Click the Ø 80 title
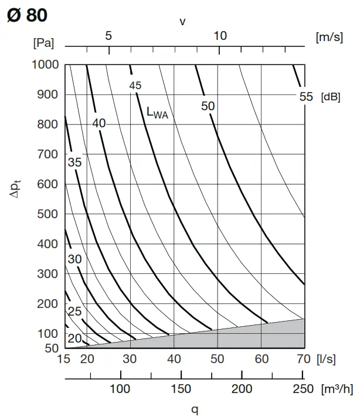point(27,15)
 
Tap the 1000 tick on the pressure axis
point(46,65)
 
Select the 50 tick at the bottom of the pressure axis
point(52,348)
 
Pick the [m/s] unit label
point(329,37)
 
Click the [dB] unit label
point(331,97)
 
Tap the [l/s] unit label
point(326,358)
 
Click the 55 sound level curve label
point(306,97)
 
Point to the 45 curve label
point(135,86)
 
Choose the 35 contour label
point(74,163)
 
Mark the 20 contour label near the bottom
point(74,338)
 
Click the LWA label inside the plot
point(157,113)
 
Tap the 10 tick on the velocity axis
point(220,36)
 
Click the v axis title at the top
point(183,22)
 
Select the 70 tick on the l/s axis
point(304,358)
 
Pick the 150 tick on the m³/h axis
point(181,388)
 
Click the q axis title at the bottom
point(195,410)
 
